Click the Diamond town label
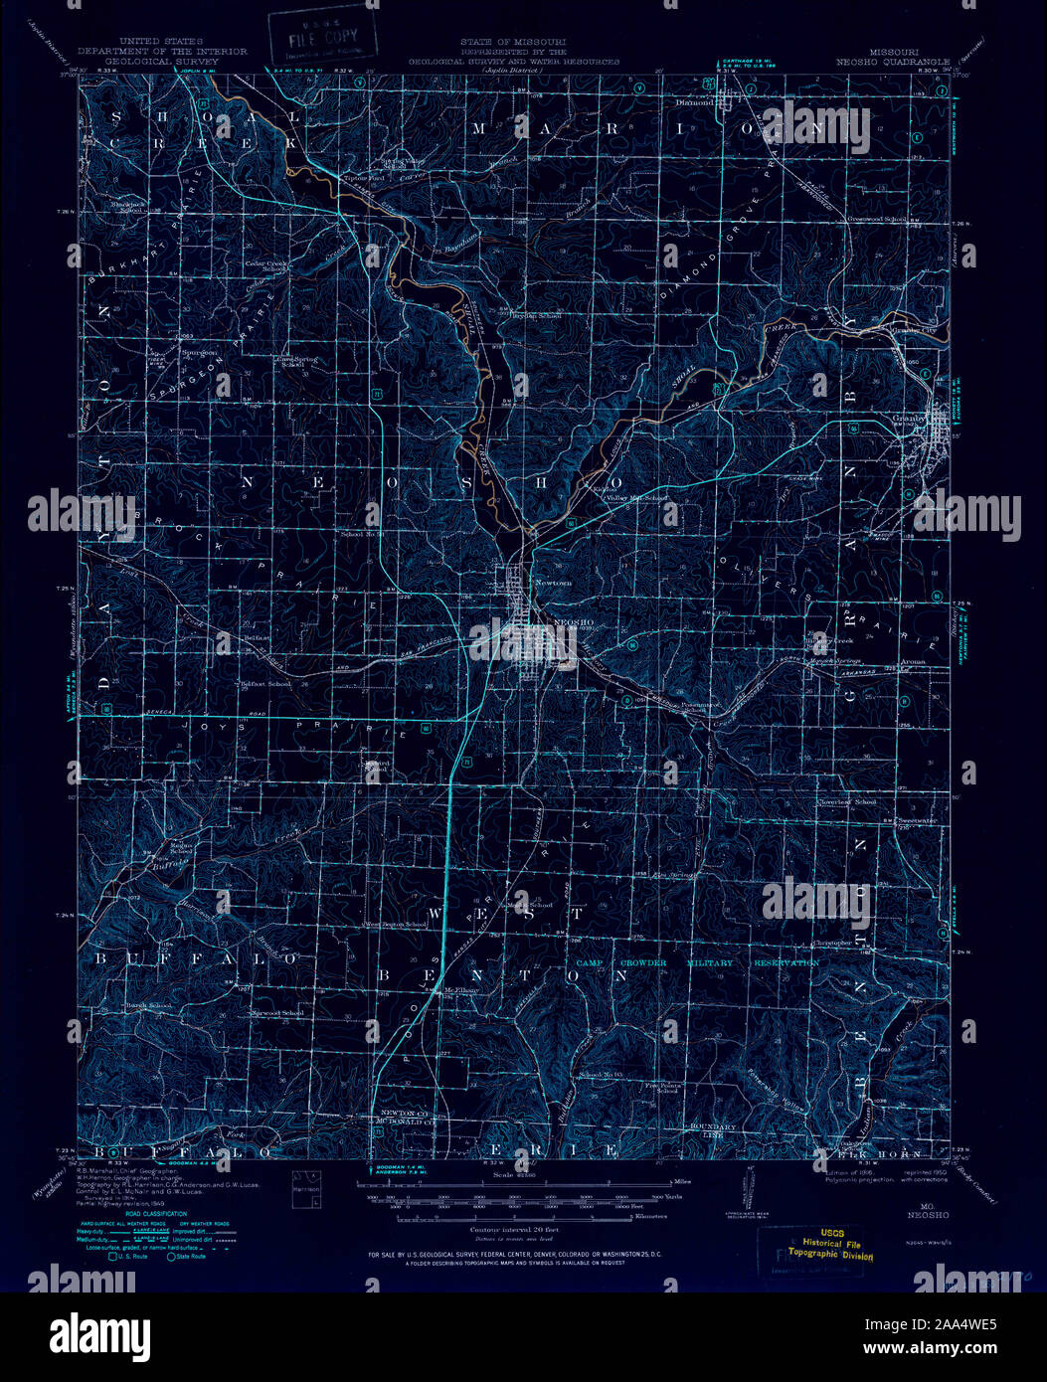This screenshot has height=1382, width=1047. (x=695, y=101)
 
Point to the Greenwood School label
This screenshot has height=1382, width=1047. (x=876, y=218)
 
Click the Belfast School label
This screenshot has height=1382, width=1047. (x=265, y=684)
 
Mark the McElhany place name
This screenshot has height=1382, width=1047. (x=462, y=989)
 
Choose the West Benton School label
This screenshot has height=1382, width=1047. (x=396, y=925)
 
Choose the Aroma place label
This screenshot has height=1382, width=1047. (x=913, y=661)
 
